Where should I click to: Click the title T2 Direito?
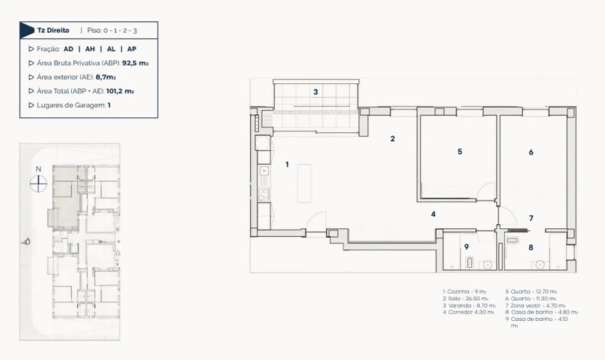tap(53, 31)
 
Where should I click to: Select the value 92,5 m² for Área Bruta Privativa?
tap(134, 63)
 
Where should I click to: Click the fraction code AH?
tap(90, 49)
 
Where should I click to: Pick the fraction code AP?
tap(132, 49)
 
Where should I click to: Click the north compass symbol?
tap(38, 184)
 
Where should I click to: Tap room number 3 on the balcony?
tap(315, 92)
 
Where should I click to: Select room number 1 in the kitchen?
tap(287, 164)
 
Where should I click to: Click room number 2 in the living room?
tap(392, 139)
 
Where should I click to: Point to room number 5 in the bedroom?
tap(459, 152)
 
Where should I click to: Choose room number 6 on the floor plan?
tap(530, 152)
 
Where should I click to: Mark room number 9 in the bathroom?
tap(466, 247)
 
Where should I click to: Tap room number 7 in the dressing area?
tap(530, 218)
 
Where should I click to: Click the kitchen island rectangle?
tap(304, 184)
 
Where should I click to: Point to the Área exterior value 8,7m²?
tap(106, 77)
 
